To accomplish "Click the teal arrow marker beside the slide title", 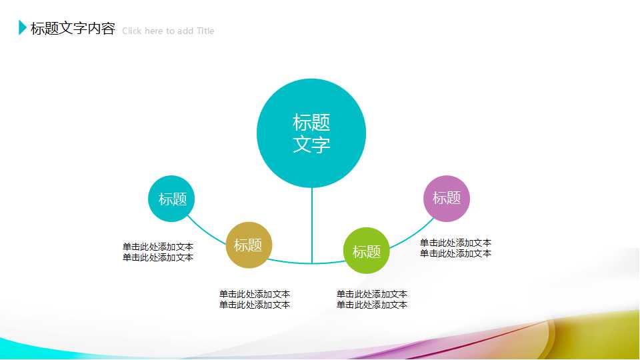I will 23,28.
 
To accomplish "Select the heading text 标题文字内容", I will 73,29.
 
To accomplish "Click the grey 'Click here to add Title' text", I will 168,31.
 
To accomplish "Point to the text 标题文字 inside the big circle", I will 311,133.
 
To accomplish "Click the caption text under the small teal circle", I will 158,252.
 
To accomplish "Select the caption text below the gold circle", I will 255,299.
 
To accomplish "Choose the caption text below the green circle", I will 372,299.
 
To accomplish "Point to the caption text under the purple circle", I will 456,248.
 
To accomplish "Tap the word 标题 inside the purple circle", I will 447,198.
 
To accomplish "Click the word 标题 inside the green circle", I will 366,252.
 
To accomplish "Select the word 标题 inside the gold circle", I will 248,245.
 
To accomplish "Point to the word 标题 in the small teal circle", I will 173,199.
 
